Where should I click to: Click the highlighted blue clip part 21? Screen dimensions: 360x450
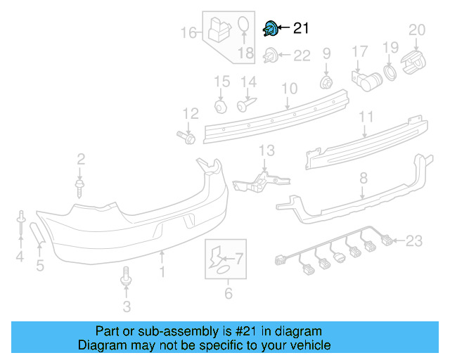269,29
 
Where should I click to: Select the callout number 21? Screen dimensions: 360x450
300,29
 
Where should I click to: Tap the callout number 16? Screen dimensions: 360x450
188,32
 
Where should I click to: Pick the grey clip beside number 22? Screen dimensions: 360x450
270,55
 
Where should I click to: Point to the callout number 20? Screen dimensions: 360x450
417,30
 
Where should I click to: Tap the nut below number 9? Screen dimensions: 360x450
326,82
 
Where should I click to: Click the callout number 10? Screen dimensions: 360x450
290,89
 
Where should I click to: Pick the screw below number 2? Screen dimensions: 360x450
80,186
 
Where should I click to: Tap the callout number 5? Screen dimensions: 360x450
40,265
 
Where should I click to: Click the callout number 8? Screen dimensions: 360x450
364,179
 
